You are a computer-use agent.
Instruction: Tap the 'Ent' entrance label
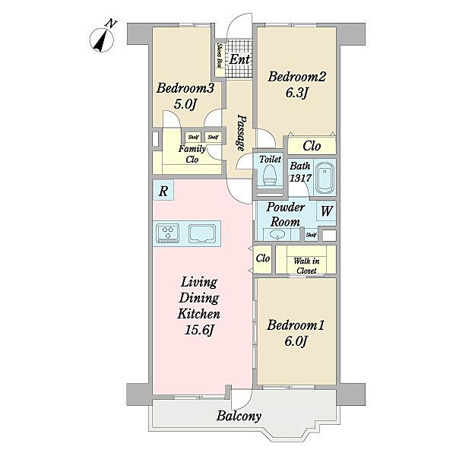pyautogui.click(x=239, y=59)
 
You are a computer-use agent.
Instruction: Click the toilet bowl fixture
pyautogui.click(x=269, y=176)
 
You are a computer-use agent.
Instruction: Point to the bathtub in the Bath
pyautogui.click(x=325, y=179)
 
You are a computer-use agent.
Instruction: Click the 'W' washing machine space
pyautogui.click(x=326, y=211)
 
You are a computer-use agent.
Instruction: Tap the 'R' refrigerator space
pyautogui.click(x=163, y=190)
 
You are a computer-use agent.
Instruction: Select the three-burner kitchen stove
pyautogui.click(x=168, y=233)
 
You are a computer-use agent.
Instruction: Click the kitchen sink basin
pyautogui.click(x=202, y=233)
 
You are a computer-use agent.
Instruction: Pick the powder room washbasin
pyautogui.click(x=277, y=234)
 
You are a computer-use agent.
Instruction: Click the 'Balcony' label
pyautogui.click(x=239, y=416)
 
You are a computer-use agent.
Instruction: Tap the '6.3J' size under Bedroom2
pyautogui.click(x=296, y=93)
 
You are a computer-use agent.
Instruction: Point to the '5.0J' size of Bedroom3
pyautogui.click(x=185, y=104)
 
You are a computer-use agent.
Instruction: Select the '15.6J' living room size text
pyautogui.click(x=199, y=330)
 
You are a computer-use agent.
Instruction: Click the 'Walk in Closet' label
pyautogui.click(x=306, y=265)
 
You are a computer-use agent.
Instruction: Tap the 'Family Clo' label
pyautogui.click(x=192, y=154)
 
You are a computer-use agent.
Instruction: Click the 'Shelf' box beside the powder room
pyautogui.click(x=311, y=235)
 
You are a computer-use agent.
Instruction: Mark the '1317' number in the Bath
pyautogui.click(x=300, y=178)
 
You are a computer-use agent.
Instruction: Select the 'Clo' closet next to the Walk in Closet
pyautogui.click(x=263, y=258)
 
